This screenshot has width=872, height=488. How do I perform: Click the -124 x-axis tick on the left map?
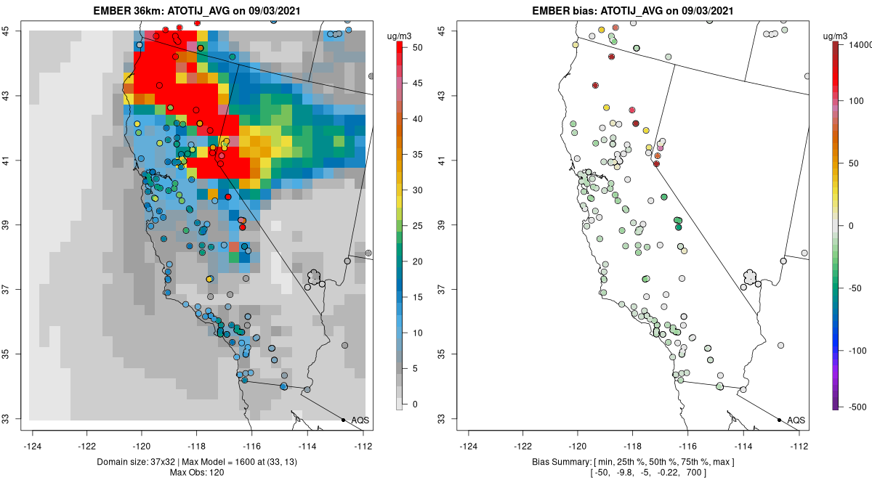(33, 445)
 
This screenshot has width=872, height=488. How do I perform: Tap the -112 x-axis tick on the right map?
(799, 445)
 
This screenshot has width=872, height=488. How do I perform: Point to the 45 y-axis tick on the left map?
(15, 30)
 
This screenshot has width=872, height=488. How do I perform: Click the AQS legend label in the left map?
(360, 420)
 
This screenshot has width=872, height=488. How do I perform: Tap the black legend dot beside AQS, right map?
(779, 420)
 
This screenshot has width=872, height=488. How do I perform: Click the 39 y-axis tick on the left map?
(15, 224)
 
